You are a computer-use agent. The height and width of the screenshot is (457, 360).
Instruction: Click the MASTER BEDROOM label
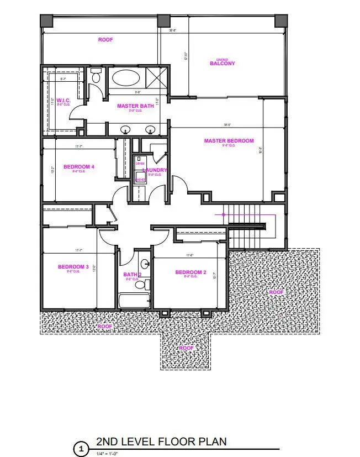[229, 141]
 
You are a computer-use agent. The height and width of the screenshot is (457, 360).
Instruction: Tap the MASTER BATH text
[135, 106]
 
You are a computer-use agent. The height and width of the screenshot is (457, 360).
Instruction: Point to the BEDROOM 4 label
[78, 166]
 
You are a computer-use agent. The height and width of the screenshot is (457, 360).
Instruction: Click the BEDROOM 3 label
[73, 267]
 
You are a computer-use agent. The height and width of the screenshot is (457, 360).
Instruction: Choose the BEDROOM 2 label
[190, 272]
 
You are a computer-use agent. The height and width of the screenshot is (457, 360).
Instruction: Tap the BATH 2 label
[133, 274]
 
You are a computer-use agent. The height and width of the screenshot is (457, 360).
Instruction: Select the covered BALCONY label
[222, 63]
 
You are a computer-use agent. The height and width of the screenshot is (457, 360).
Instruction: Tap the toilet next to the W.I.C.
[96, 76]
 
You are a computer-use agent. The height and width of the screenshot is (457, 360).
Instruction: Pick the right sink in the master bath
[150, 130]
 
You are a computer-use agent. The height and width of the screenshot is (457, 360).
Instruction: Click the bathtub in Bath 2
[134, 301]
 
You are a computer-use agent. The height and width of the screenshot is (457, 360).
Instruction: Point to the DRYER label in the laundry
[140, 164]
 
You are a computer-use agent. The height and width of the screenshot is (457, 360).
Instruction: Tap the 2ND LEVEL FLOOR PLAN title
[161, 442]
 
